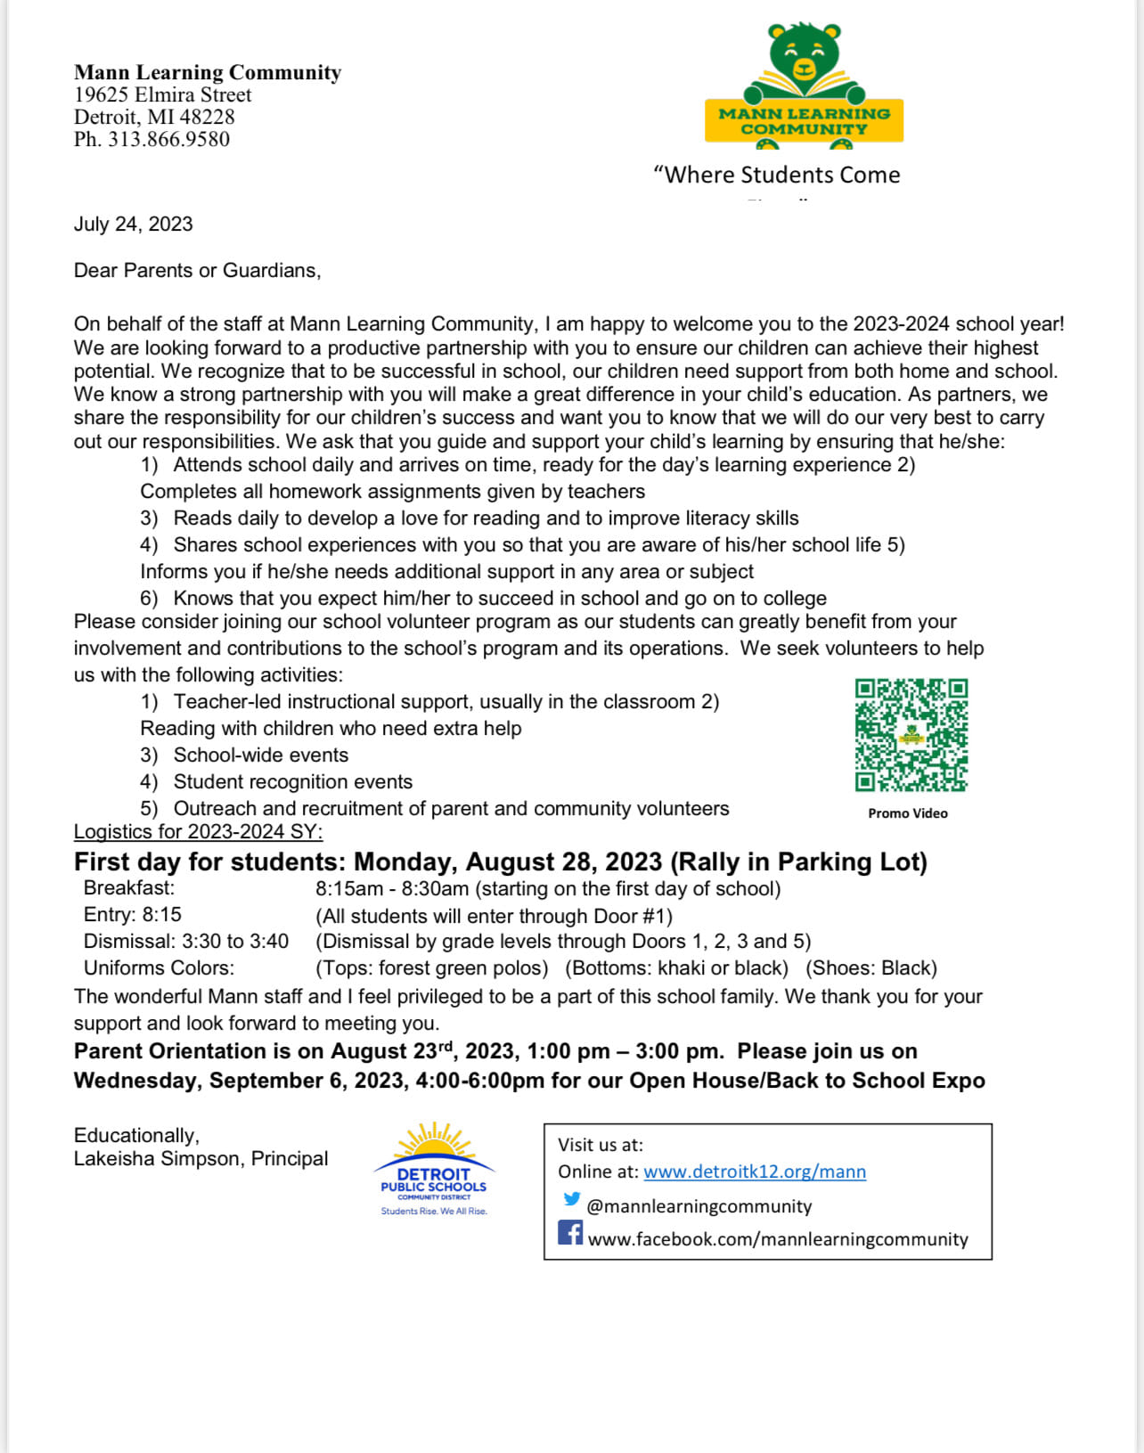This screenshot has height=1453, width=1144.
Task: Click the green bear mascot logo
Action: pyautogui.click(x=804, y=86)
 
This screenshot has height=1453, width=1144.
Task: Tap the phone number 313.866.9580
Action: pyautogui.click(x=168, y=140)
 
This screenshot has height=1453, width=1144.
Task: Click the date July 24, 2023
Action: pyautogui.click(x=134, y=224)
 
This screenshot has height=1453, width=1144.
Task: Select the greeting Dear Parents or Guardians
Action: pyautogui.click(x=197, y=271)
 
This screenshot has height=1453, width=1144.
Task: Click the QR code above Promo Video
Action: pyautogui.click(x=911, y=735)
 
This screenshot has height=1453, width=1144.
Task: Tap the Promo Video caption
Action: pyautogui.click(x=908, y=813)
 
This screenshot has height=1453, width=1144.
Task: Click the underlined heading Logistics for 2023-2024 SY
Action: pyautogui.click(x=198, y=832)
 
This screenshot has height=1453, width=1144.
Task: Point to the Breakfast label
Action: pyautogui.click(x=129, y=888)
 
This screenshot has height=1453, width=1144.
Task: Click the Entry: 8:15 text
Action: pyautogui.click(x=133, y=915)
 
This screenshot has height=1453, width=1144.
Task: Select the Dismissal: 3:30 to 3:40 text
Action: pyautogui.click(x=186, y=942)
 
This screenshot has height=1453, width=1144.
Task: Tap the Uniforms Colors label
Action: pyautogui.click(x=159, y=968)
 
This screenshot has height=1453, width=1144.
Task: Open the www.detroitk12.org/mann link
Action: pyautogui.click(x=755, y=1172)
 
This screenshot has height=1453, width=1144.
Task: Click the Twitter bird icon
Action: pyautogui.click(x=572, y=1200)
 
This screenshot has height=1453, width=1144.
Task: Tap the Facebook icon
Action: pyautogui.click(x=570, y=1233)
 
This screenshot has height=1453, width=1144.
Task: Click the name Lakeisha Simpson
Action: pyautogui.click(x=158, y=1159)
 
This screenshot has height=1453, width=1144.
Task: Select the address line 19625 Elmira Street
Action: pyautogui.click(x=163, y=95)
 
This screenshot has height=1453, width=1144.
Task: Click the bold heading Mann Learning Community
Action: pyautogui.click(x=208, y=72)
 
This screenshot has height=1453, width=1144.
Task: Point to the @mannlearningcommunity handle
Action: pyautogui.click(x=699, y=1207)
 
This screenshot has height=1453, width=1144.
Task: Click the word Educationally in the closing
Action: pyautogui.click(x=135, y=1136)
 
